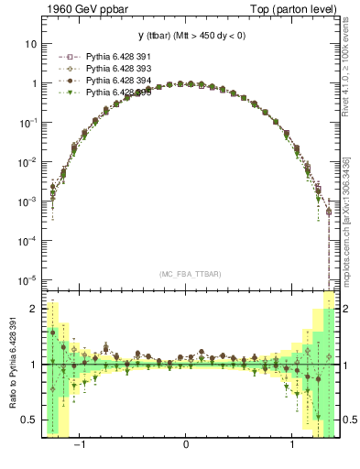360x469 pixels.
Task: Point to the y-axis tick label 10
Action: click(x=31, y=44)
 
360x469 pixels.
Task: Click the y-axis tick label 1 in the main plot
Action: click(x=34, y=83)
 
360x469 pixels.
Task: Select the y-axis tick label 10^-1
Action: click(x=28, y=122)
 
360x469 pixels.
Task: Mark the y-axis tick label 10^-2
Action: click(x=28, y=161)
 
